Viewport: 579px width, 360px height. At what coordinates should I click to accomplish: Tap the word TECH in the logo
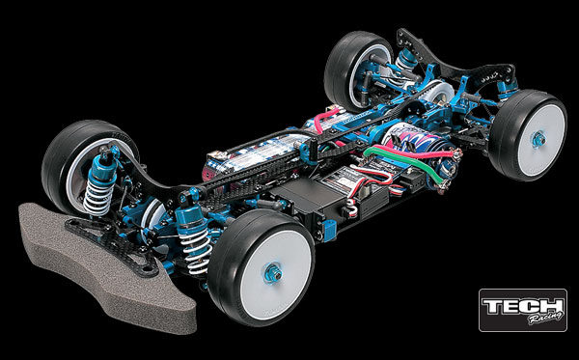pos(522,306)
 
